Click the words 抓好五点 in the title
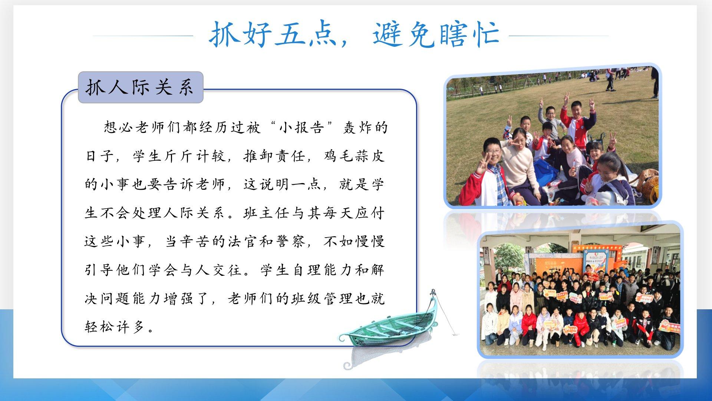pyautogui.click(x=273, y=34)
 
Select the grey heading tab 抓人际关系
pyautogui.click(x=141, y=88)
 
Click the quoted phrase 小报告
pyautogui.click(x=301, y=127)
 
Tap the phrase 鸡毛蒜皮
pyautogui.click(x=355, y=156)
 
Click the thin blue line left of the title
pyautogui.click(x=143, y=36)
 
